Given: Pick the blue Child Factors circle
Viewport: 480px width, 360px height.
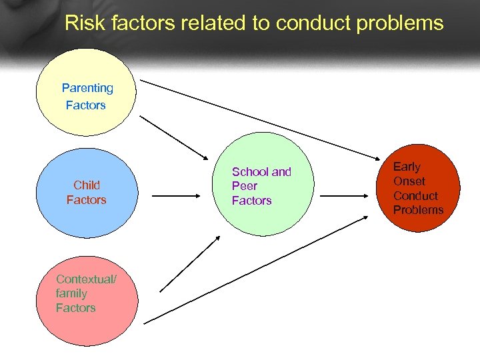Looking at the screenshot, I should (86, 193).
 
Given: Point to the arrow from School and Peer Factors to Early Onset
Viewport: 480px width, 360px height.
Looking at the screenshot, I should (343, 197).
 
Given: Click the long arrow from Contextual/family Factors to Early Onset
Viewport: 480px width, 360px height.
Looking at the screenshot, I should (257, 270).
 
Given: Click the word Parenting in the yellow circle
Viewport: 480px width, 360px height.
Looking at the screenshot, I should (87, 88).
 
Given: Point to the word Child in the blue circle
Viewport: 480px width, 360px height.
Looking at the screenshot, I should (87, 185).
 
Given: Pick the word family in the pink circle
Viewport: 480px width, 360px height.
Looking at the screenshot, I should (71, 293).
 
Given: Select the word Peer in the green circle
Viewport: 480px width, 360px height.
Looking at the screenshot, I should (244, 186).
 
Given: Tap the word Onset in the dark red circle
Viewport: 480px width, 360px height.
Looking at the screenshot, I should (409, 181).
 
